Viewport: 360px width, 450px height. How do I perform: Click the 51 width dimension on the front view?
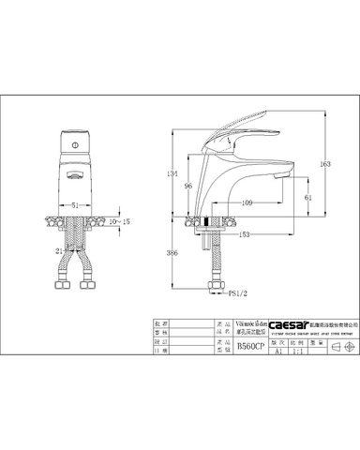(75, 203)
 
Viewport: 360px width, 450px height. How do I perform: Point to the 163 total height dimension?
(325, 164)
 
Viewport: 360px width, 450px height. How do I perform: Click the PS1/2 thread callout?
(240, 293)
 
